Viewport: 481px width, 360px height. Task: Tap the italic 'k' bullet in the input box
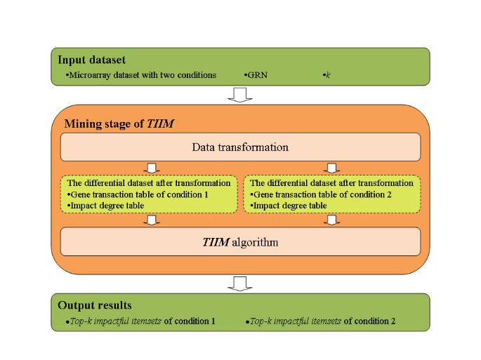pyautogui.click(x=325, y=74)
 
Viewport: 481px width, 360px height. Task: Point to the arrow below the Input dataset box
pyautogui.click(x=240, y=95)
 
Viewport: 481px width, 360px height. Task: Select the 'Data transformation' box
pyautogui.click(x=240, y=147)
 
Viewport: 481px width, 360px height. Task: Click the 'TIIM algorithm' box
pyautogui.click(x=240, y=242)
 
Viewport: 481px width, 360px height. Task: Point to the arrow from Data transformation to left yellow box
pyautogui.click(x=150, y=168)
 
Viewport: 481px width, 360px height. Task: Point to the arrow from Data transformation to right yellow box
pyautogui.click(x=333, y=168)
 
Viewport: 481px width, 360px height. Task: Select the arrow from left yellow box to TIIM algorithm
pyautogui.click(x=150, y=220)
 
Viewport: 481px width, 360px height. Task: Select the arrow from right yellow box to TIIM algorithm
pyautogui.click(x=333, y=220)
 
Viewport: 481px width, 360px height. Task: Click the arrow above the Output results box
pyautogui.click(x=240, y=284)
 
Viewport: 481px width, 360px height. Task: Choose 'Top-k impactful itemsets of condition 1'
pyautogui.click(x=138, y=321)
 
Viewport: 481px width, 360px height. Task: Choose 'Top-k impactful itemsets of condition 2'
pyautogui.click(x=323, y=321)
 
